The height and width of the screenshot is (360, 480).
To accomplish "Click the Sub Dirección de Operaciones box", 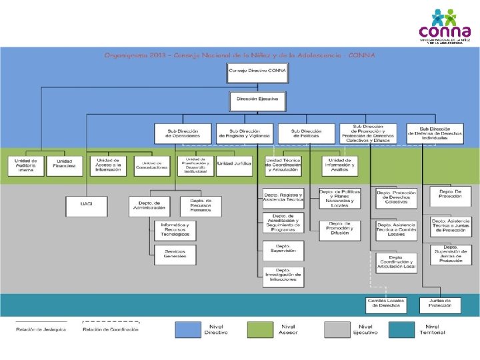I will coord(183,133).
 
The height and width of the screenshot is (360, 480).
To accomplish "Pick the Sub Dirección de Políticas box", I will coord(306,133).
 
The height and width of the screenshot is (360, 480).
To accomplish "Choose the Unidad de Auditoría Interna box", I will coord(26,166).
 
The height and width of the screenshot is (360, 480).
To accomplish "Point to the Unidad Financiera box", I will coord(65,166).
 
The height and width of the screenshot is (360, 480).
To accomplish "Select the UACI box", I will coord(86,206).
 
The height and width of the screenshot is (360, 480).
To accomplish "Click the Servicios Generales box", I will coord(175,253).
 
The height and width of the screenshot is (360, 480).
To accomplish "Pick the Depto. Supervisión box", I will coord(283,251).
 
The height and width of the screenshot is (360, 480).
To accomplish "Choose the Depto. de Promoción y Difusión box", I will coord(339,229).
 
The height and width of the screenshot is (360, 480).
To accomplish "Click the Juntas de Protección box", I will coord(440,304).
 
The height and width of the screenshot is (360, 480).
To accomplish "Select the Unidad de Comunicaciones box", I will coord(153,166).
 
